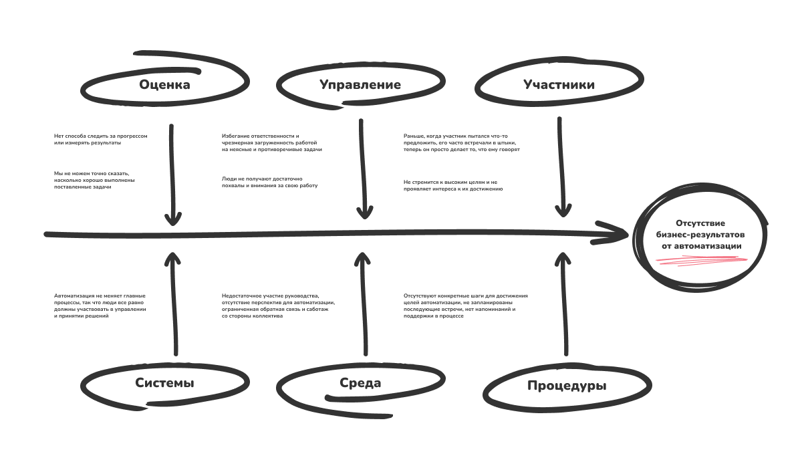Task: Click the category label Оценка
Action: click(164, 85)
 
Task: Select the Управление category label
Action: click(360, 85)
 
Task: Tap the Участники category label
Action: click(559, 85)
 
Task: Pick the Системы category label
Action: click(164, 384)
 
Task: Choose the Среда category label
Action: click(360, 383)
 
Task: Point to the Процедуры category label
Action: click(567, 386)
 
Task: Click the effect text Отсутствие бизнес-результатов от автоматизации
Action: click(700, 235)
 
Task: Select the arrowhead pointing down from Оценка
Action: click(173, 217)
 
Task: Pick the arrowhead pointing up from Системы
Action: click(173, 259)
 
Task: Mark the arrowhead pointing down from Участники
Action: click(563, 209)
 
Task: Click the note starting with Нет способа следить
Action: click(100, 139)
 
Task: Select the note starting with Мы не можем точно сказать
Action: click(94, 180)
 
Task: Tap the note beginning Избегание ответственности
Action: click(272, 142)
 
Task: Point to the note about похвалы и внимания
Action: click(269, 182)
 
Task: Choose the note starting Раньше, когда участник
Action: click(461, 142)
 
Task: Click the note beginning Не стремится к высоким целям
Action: click(452, 185)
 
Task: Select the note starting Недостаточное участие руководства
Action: click(278, 306)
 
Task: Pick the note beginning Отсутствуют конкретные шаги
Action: click(465, 306)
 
